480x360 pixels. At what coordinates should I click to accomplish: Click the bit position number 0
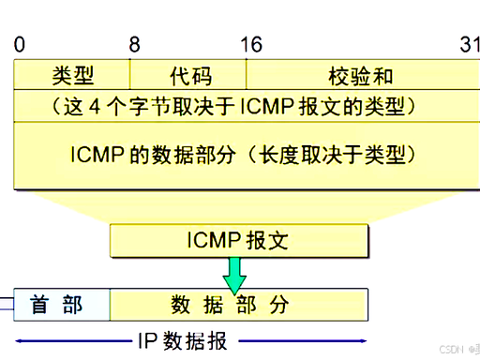click(19, 44)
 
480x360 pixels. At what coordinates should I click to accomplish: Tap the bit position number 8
click(134, 44)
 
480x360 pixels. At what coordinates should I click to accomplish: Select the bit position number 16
click(250, 44)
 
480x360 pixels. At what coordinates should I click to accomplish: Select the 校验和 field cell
click(361, 74)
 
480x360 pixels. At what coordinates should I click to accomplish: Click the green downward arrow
click(234, 274)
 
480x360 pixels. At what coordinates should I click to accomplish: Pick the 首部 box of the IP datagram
click(57, 305)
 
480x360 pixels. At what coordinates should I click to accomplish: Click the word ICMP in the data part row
click(90, 153)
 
